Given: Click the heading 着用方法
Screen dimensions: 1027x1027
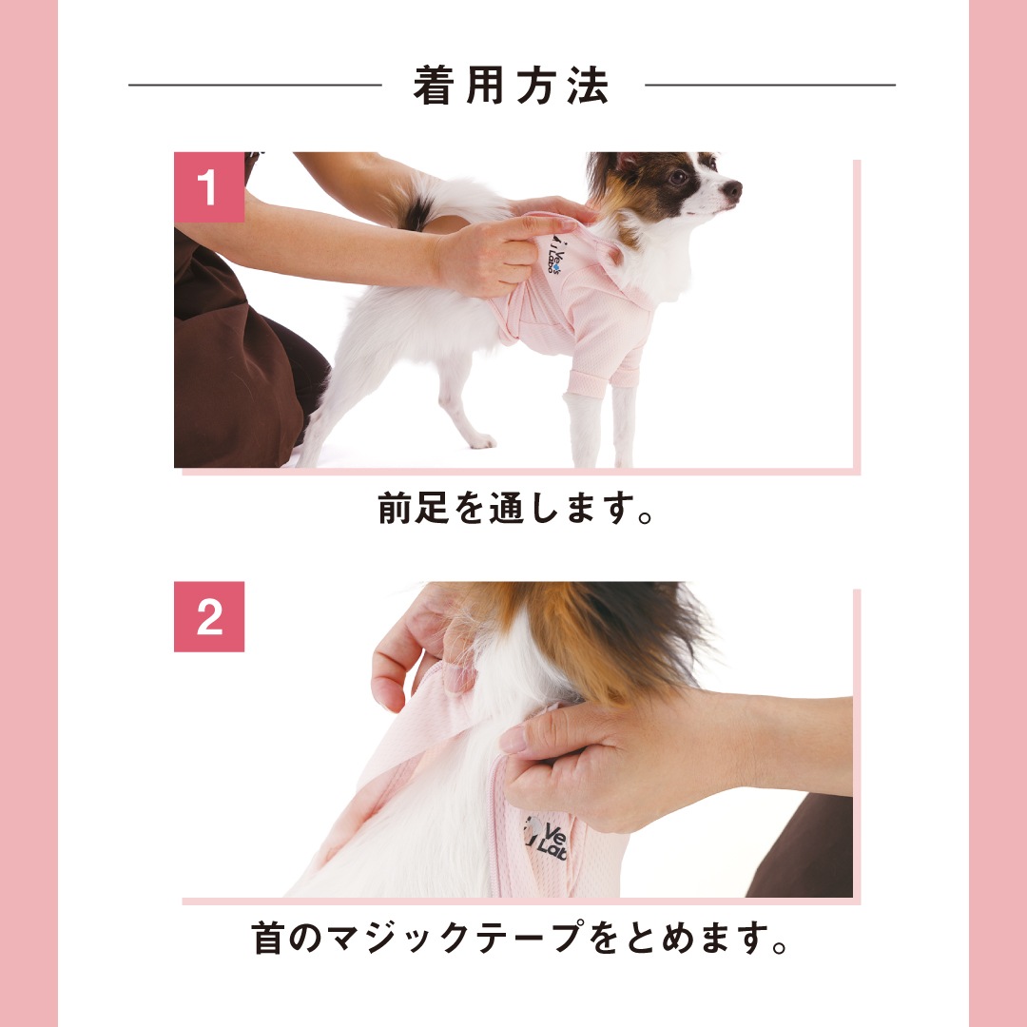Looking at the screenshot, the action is [511, 86].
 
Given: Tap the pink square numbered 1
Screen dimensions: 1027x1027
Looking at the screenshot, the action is [209, 187].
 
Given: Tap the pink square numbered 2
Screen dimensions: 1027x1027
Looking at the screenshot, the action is [209, 616].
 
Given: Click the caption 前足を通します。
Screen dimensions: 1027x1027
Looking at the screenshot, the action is [515, 508].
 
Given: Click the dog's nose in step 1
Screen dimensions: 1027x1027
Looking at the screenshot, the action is [732, 190].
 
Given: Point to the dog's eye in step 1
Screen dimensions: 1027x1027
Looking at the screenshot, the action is [679, 177].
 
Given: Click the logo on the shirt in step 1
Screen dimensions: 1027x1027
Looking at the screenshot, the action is [554, 255].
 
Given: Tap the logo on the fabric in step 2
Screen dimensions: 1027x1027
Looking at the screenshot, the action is [546, 840].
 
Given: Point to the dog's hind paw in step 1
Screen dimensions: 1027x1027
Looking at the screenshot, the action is [482, 441].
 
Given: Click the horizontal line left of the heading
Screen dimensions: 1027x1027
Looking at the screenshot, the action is [255, 85].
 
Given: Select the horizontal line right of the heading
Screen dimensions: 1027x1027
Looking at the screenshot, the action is [770, 85].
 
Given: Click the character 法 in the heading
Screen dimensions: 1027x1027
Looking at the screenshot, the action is [589, 86].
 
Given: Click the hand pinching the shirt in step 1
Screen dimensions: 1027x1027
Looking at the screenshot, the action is [497, 257].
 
